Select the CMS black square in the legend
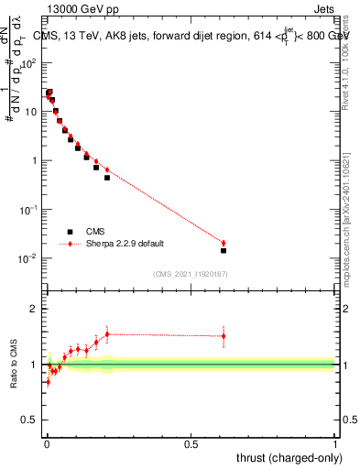(70, 232)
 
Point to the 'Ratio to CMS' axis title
(14, 364)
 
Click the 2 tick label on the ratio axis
(33, 309)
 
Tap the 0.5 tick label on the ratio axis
(29, 420)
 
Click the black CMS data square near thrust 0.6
(224, 250)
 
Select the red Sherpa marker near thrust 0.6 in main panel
(224, 243)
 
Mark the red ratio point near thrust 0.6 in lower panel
(224, 336)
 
